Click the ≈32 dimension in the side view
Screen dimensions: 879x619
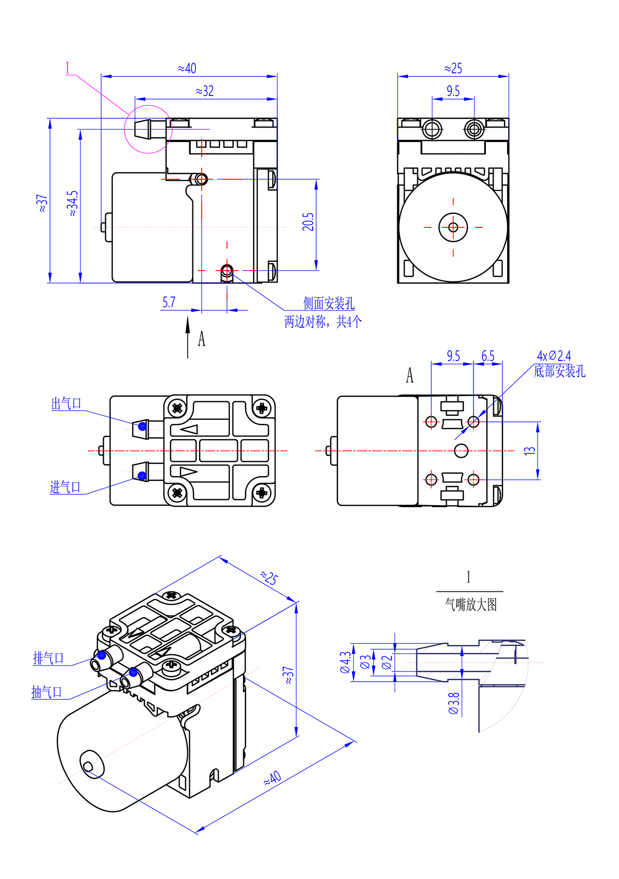pos(205,91)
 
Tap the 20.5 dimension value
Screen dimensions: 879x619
pos(308,222)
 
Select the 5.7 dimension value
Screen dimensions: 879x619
pos(169,303)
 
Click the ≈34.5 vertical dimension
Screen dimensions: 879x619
pos(73,203)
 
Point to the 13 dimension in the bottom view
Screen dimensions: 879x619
pos(530,450)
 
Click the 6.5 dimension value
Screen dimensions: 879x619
pos(487,356)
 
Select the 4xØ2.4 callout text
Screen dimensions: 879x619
pos(553,356)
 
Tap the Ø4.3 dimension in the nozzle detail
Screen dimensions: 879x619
pos(345,662)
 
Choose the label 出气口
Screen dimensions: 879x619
pos(66,404)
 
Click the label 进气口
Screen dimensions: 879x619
pos(65,487)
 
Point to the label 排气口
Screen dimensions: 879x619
pos(48,658)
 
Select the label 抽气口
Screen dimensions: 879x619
pos(47,692)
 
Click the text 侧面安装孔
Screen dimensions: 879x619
pos(329,304)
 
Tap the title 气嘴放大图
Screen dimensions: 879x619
pos(470,605)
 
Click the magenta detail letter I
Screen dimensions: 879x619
pos(68,68)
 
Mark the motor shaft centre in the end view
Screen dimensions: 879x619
pos(453,227)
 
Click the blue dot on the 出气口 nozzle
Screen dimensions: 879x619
pos(142,427)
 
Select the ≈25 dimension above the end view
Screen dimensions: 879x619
pos(453,69)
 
